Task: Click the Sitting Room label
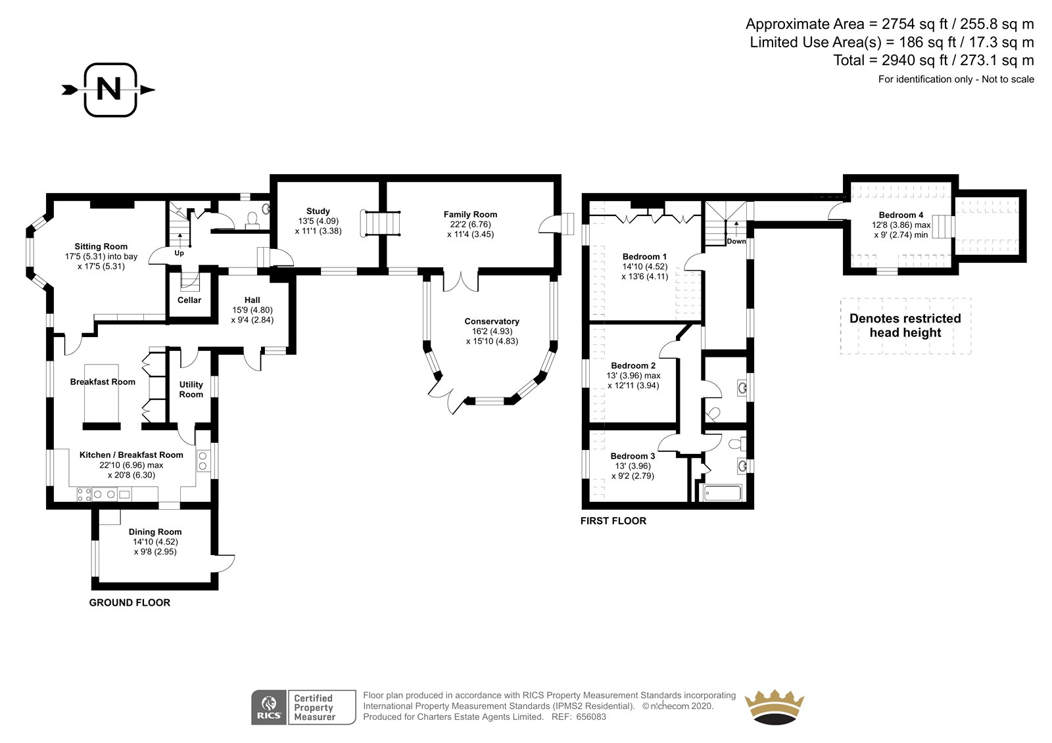click(x=101, y=246)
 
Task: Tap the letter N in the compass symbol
click(x=109, y=89)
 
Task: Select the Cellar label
click(x=189, y=300)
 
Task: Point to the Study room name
click(x=318, y=212)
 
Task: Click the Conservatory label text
click(x=492, y=321)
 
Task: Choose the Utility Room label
click(x=191, y=390)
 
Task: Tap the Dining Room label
click(x=155, y=531)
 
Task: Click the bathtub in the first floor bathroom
click(x=723, y=493)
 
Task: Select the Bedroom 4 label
click(x=901, y=215)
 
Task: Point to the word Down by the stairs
click(x=736, y=241)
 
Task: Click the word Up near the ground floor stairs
click(x=179, y=254)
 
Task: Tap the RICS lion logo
click(x=269, y=707)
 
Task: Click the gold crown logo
click(x=774, y=707)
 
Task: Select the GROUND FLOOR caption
click(x=130, y=602)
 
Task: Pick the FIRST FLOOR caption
click(x=613, y=520)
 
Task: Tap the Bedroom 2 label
click(x=633, y=366)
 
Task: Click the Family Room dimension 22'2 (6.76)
click(x=470, y=225)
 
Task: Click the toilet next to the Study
click(x=252, y=220)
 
